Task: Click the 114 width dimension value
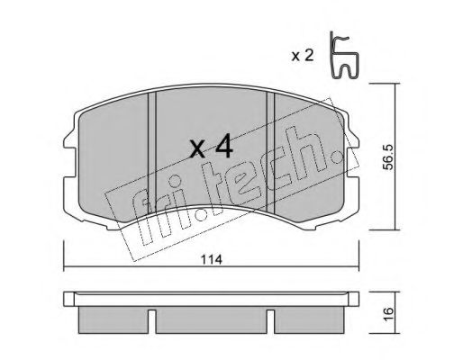coord(212,259)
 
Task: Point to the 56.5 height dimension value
coord(389,157)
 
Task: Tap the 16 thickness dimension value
coord(388,314)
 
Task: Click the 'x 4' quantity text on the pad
coord(211,147)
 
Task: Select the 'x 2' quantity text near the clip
coord(303,56)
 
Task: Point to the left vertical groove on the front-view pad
coord(152,153)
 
